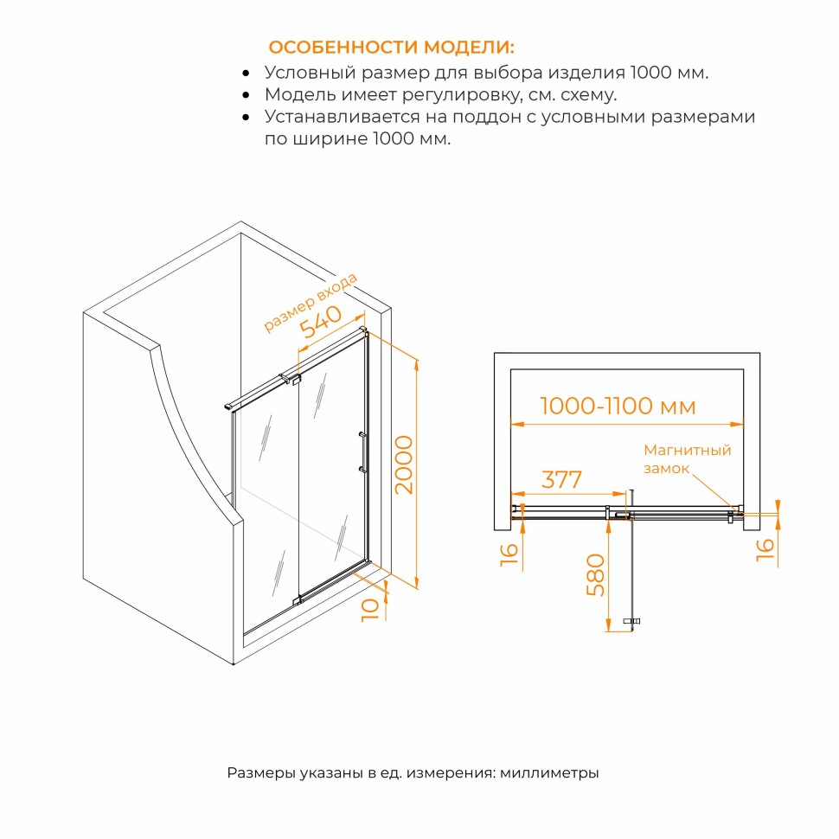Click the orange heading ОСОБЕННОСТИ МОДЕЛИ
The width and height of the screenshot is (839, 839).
pyautogui.click(x=391, y=47)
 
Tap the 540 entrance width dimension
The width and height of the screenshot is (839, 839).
pyautogui.click(x=320, y=322)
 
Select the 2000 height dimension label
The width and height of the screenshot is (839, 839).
pyautogui.click(x=404, y=464)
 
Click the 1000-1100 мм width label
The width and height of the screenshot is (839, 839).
pyautogui.click(x=618, y=407)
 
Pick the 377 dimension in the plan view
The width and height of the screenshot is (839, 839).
pyautogui.click(x=561, y=479)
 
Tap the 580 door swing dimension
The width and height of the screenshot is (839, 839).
pyautogui.click(x=596, y=574)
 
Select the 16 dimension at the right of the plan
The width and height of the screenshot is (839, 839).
pyautogui.click(x=765, y=549)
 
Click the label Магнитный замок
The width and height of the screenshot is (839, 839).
pyautogui.click(x=687, y=459)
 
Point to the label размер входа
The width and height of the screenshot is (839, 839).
pyautogui.click(x=311, y=303)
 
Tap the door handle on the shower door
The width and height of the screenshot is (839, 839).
pyautogui.click(x=362, y=452)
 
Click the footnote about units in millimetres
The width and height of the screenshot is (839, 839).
pyautogui.click(x=413, y=772)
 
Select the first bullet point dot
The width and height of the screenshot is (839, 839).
pyautogui.click(x=246, y=74)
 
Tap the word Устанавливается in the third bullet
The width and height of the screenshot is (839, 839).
pyautogui.click(x=343, y=117)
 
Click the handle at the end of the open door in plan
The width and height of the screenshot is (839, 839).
pyautogui.click(x=632, y=621)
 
